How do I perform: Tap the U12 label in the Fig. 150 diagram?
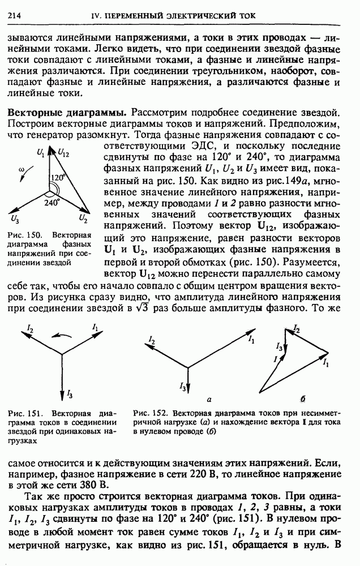63,153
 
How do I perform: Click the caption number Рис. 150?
22,234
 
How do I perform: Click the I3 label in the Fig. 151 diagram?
69,392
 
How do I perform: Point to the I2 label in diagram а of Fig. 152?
151,340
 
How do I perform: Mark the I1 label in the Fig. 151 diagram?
95,327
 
